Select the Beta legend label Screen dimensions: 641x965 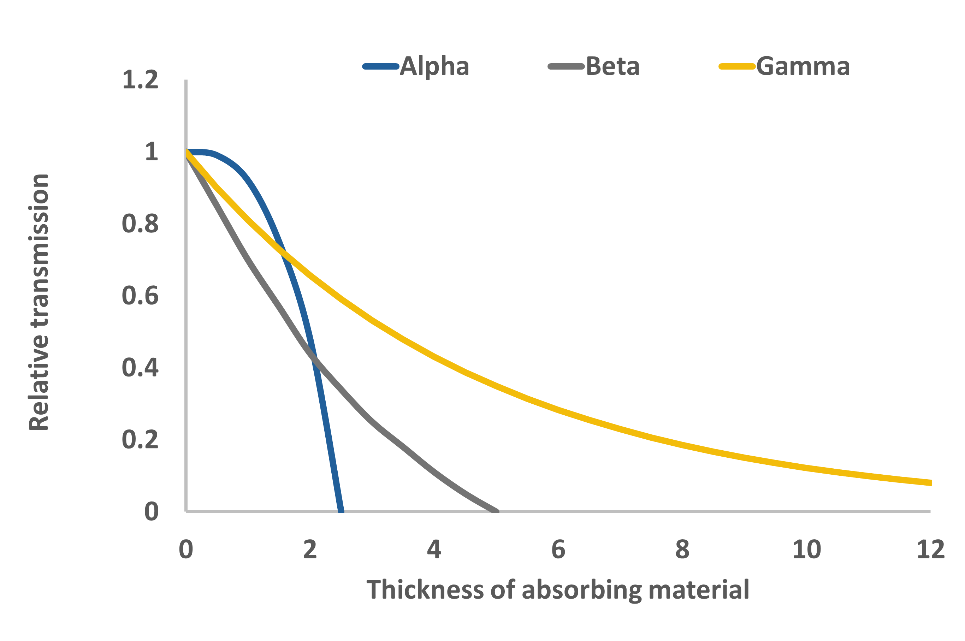pyautogui.click(x=612, y=66)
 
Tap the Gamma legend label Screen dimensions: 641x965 pyautogui.click(x=803, y=66)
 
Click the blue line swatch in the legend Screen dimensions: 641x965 pyautogui.click(x=380, y=66)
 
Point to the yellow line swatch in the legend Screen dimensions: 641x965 pyautogui.click(x=736, y=66)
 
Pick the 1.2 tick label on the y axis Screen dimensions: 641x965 pyautogui.click(x=140, y=80)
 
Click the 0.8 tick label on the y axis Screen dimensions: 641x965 pyautogui.click(x=140, y=224)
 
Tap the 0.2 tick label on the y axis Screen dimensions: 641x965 pyautogui.click(x=140, y=439)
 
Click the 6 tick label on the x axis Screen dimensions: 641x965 pyautogui.click(x=558, y=550)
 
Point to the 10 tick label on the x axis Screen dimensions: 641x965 pyautogui.click(x=806, y=550)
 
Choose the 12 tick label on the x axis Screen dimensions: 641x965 pyautogui.click(x=931, y=550)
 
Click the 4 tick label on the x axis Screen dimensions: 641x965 pyautogui.click(x=434, y=550)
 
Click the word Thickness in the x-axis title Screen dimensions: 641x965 pyautogui.click(x=425, y=590)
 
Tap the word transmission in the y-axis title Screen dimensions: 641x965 pyautogui.click(x=39, y=251)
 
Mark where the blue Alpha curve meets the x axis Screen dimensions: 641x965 pyautogui.click(x=341, y=511)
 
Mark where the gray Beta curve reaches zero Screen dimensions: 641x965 pyautogui.click(x=496, y=511)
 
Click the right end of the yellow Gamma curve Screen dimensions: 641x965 pyautogui.click(x=930, y=483)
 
